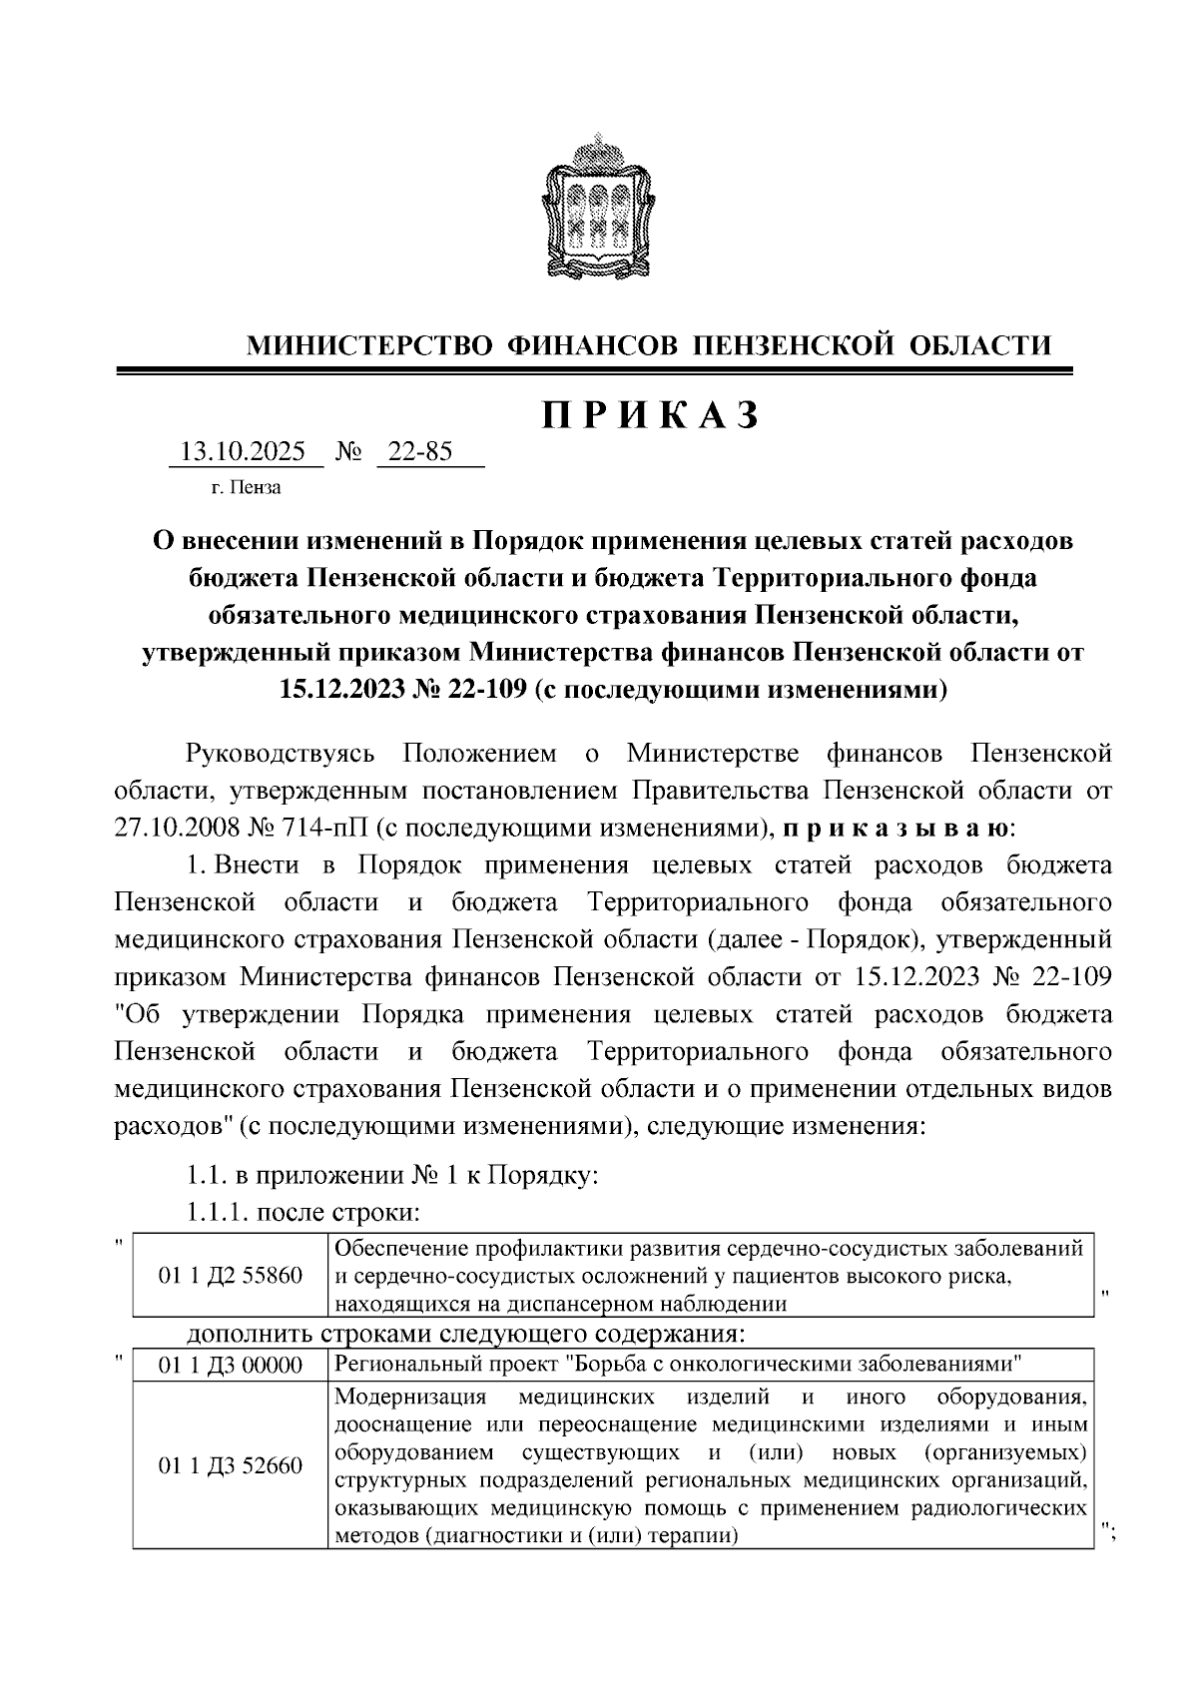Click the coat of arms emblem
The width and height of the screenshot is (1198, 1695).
pos(599,207)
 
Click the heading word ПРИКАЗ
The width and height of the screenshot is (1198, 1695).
pos(651,415)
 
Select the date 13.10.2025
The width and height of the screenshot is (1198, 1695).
pos(241,452)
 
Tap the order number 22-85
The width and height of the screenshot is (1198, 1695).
pos(420,452)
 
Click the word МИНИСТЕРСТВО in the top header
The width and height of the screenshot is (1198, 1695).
pos(369,346)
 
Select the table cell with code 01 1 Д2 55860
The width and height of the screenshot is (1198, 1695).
pos(231,1276)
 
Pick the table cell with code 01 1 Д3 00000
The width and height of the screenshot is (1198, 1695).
pos(231,1366)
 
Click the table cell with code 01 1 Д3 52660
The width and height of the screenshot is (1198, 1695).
pos(231,1466)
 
